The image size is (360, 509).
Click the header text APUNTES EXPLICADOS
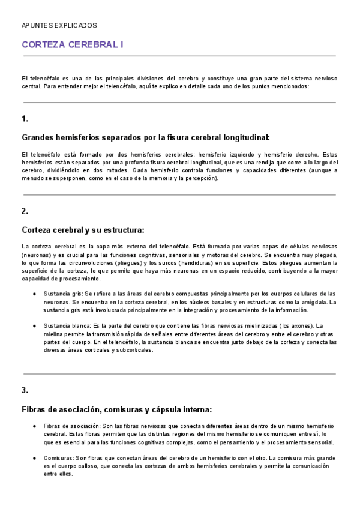[x=59, y=26]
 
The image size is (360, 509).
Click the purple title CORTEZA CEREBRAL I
[x=73, y=44]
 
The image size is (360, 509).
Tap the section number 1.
[x=25, y=118]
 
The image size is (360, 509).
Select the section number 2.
[x=25, y=211]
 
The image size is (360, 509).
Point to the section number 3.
[x=25, y=390]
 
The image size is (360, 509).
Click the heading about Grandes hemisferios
[x=146, y=137]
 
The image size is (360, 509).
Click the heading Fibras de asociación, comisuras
[x=116, y=410]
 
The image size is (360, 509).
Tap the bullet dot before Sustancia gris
[x=34, y=294]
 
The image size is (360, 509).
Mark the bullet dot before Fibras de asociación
[x=34, y=426]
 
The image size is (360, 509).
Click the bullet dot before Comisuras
[x=34, y=458]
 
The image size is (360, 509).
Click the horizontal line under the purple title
[x=179, y=56]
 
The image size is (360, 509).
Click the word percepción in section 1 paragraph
[x=197, y=178]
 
